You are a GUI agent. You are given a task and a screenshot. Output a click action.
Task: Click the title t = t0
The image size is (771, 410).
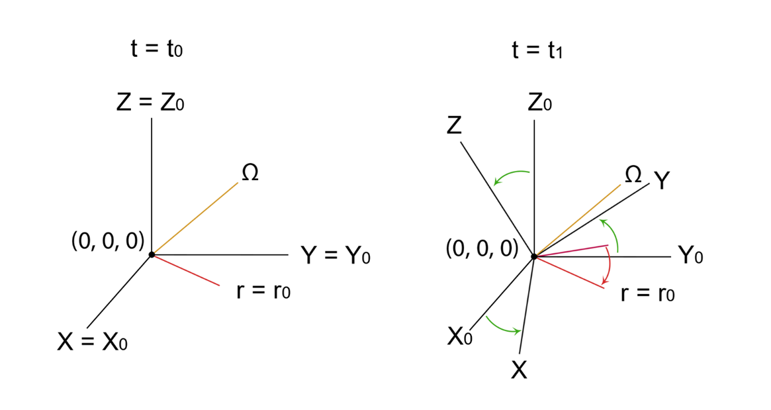coord(156,49)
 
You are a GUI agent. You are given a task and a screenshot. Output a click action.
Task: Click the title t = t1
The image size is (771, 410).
coord(537,50)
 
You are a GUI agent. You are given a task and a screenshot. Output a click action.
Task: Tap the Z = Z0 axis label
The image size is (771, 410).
coord(150,103)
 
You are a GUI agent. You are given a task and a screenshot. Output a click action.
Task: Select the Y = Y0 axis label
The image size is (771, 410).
coord(336,256)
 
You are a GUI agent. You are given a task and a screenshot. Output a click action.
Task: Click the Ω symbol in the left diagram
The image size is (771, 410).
coord(250,172)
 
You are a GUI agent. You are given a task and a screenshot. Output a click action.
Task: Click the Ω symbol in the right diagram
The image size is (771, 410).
coord(633,174)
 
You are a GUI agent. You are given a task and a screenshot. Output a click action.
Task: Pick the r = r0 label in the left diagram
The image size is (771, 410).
coord(263,290)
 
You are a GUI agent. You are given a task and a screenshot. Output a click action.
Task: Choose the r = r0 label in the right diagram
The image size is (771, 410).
coord(648,293)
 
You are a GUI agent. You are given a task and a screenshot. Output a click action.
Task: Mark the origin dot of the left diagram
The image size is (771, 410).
coord(152,254)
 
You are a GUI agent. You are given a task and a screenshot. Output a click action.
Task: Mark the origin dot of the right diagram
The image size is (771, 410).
coord(534,256)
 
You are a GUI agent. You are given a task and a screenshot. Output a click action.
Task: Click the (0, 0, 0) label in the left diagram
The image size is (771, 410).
coord(108,241)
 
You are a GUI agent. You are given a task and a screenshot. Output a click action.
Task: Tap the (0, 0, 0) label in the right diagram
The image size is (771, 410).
coord(482,248)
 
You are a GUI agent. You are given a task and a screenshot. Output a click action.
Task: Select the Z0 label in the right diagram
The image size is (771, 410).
coord(539,103)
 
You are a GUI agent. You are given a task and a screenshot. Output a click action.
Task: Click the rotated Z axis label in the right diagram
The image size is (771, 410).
coord(455,125)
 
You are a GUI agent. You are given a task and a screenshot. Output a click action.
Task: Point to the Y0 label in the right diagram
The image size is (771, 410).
coord(690,255)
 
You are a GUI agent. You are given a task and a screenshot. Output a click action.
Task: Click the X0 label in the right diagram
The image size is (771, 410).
coord(460,336)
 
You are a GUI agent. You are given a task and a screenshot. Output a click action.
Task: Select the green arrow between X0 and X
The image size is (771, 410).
coord(502,328)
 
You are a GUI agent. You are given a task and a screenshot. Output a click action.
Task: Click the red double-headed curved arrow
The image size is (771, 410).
coord(610,266)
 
